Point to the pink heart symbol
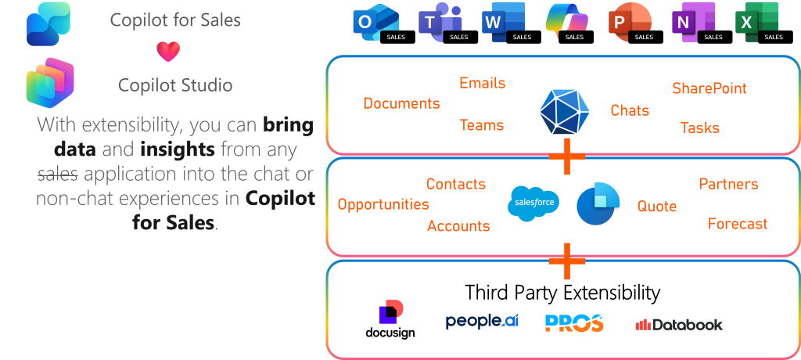pyautogui.click(x=168, y=52)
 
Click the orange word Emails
pyautogui.click(x=482, y=83)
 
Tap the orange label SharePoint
pyautogui.click(x=709, y=88)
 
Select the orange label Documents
pyautogui.click(x=401, y=103)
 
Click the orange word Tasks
pyautogui.click(x=700, y=128)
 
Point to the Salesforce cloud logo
pyautogui.click(x=534, y=202)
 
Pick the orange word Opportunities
pyautogui.click(x=383, y=204)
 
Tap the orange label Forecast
pyautogui.click(x=738, y=224)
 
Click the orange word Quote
pyautogui.click(x=657, y=206)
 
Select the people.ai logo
pyautogui.click(x=482, y=321)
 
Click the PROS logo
pyautogui.click(x=574, y=322)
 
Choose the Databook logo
pyautogui.click(x=679, y=324)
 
